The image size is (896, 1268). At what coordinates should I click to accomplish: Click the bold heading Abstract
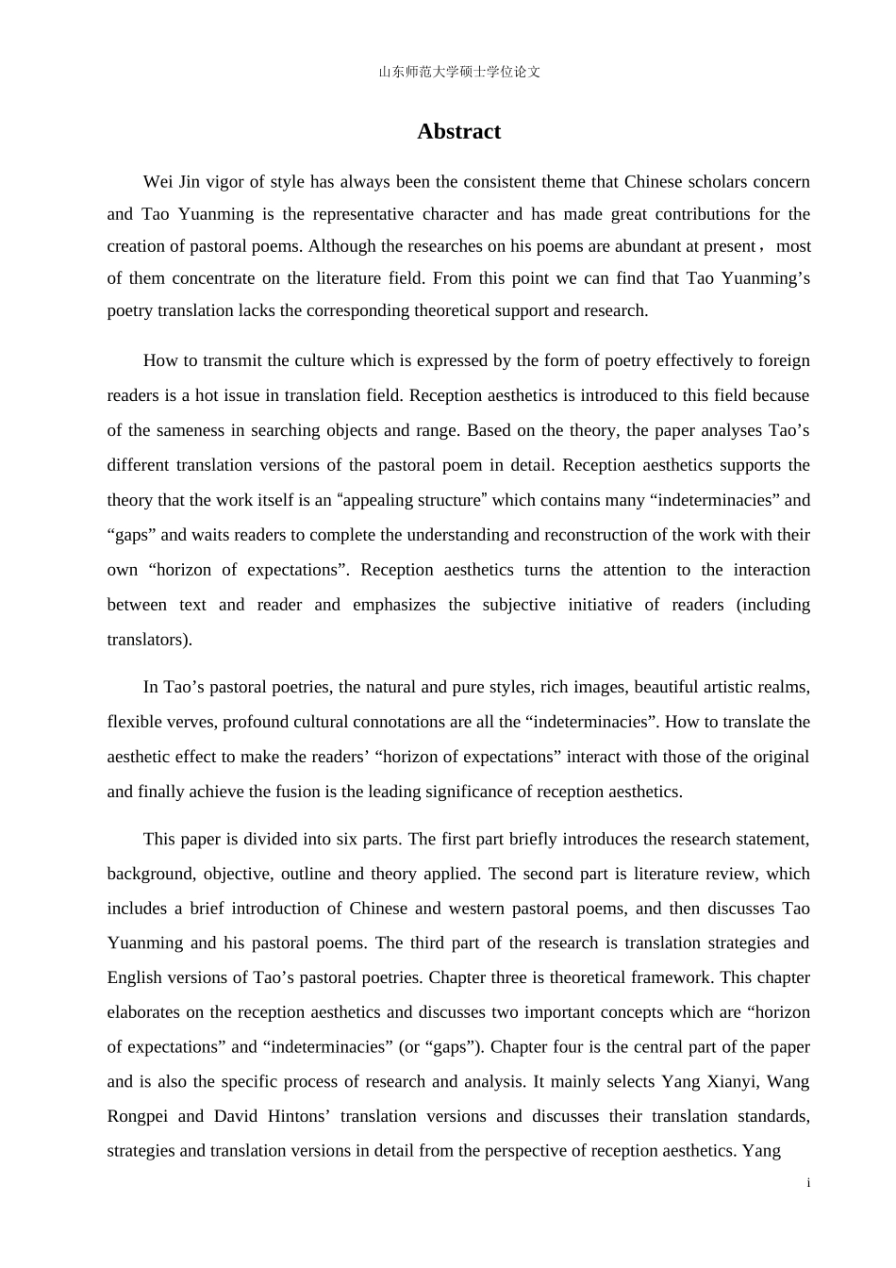pos(458,131)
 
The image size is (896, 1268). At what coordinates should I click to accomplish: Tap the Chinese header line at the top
pos(459,72)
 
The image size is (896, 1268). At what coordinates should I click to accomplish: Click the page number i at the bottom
pos(808,1183)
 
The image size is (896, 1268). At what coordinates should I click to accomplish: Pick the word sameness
pos(189,430)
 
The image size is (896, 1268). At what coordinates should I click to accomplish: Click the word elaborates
pos(143,1012)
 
